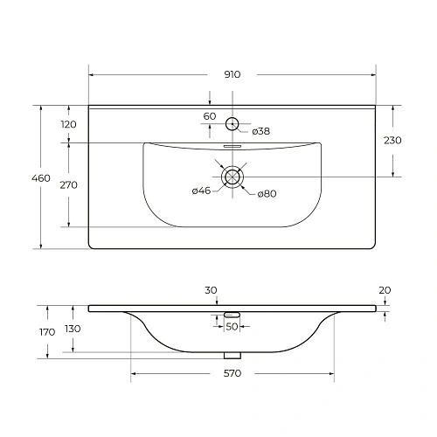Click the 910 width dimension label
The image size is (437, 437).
click(x=232, y=74)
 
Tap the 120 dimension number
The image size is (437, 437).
click(x=69, y=124)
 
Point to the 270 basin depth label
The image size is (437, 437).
click(x=69, y=184)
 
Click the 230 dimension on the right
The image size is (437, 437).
click(x=392, y=141)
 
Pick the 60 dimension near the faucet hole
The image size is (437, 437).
click(x=210, y=117)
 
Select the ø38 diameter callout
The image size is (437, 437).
click(x=260, y=132)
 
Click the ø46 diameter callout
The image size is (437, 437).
click(x=201, y=191)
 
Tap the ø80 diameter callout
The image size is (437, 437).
click(x=267, y=193)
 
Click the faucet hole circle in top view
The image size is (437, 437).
click(x=232, y=123)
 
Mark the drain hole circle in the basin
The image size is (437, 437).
click(x=232, y=177)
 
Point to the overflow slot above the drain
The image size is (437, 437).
click(x=232, y=147)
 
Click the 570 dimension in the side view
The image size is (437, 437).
click(x=232, y=373)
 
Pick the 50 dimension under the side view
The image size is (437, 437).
click(x=232, y=326)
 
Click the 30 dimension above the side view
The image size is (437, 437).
click(x=210, y=290)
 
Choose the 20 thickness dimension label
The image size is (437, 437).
click(x=385, y=290)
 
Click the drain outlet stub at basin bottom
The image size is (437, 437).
click(x=232, y=355)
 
